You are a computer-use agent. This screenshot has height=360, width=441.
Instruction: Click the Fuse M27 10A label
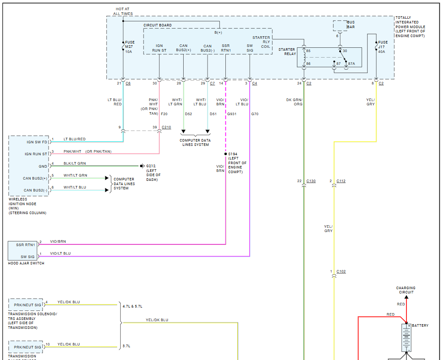pos(130,47)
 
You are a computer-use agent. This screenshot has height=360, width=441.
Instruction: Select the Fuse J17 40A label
pos(383,47)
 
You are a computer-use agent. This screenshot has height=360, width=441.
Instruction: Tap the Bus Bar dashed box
pos(340,26)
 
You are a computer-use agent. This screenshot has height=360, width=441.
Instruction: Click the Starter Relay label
pos(287,52)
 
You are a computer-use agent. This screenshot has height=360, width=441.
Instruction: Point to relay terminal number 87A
pos(352,64)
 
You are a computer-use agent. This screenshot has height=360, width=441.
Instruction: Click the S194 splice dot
pos(225,154)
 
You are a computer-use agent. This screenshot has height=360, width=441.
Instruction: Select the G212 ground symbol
pos(142,166)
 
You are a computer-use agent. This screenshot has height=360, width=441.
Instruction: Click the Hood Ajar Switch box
pos(23,251)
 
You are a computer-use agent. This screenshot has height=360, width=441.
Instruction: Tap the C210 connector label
pos(166,127)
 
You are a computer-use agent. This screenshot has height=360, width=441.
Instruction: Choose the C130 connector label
pos(311,181)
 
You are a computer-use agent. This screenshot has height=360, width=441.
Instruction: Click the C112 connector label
pos(341,181)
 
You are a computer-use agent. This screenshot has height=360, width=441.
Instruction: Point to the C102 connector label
pos(341,271)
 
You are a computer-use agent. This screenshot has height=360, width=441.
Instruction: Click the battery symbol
pos(406,337)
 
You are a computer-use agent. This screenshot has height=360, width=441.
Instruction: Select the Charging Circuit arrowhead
pos(406,297)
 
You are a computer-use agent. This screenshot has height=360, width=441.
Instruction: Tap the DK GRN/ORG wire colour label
pos(294,102)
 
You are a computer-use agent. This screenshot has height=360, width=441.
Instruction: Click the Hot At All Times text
pos(123,11)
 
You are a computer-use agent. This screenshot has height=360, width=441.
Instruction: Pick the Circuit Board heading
pos(158,25)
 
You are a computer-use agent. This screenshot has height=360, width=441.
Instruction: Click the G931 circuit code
pos(232,114)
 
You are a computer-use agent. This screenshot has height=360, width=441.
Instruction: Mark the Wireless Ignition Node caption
pos(27,206)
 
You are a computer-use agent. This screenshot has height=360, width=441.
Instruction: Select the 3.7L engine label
pos(126,346)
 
